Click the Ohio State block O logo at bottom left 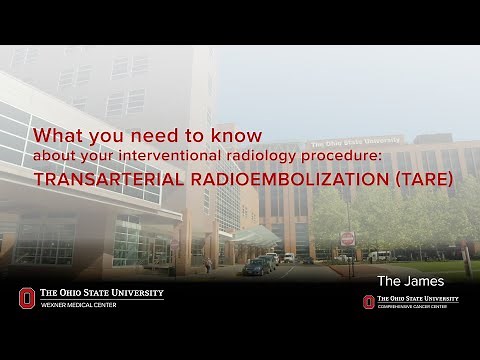coord(26,298)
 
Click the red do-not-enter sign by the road coord(347,238)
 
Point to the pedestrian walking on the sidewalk coord(208,266)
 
